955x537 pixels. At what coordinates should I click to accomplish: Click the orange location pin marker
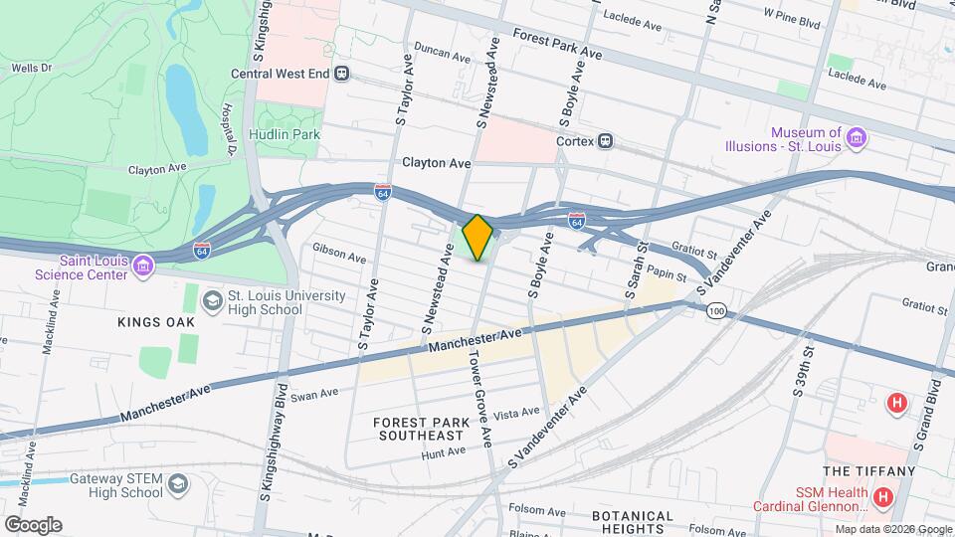[478, 237]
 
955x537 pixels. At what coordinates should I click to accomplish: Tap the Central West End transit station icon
[342, 73]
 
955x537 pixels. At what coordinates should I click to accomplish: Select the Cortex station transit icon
[605, 141]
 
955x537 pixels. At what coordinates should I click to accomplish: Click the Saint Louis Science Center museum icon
[143, 266]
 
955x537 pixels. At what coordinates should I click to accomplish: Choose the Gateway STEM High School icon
[178, 484]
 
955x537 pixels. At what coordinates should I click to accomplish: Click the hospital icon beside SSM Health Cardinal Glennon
[881, 495]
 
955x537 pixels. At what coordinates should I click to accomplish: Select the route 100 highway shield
[715, 311]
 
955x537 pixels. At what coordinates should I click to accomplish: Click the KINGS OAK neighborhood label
[156, 322]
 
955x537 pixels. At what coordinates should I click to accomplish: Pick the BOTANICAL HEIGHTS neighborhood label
[634, 522]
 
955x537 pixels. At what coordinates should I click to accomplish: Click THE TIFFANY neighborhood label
[868, 471]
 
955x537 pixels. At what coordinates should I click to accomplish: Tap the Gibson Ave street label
[338, 256]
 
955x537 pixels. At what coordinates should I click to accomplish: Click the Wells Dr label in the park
[30, 68]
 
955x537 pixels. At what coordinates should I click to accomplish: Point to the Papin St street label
[667, 272]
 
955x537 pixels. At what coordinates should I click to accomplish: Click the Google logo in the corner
[32, 524]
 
